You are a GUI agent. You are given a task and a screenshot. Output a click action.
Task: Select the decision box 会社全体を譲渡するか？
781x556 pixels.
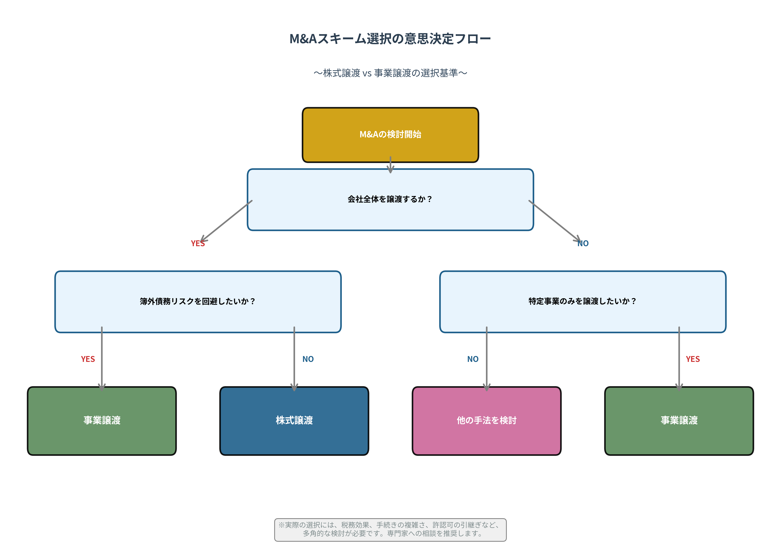(390, 199)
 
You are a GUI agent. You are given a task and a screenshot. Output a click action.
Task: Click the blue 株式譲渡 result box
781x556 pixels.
(294, 420)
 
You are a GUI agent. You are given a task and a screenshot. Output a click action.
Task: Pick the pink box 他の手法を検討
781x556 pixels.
(486, 420)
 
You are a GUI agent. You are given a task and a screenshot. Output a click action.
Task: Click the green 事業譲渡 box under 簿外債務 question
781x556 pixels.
(102, 420)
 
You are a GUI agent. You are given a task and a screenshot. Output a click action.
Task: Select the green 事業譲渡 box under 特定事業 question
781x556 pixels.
(679, 420)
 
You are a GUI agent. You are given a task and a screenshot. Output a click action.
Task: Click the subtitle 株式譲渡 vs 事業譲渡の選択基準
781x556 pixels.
(390, 73)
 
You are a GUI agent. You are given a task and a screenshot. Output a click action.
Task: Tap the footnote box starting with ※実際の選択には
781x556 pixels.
(390, 529)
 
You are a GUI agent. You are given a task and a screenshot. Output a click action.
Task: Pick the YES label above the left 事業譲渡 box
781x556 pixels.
(88, 359)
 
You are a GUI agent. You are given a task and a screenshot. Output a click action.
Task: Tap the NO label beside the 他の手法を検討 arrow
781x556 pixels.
(473, 359)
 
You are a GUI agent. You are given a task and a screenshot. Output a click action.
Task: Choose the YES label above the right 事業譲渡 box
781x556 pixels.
(693, 359)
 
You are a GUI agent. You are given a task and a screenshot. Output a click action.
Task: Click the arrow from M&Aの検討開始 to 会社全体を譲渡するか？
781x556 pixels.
(390, 165)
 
